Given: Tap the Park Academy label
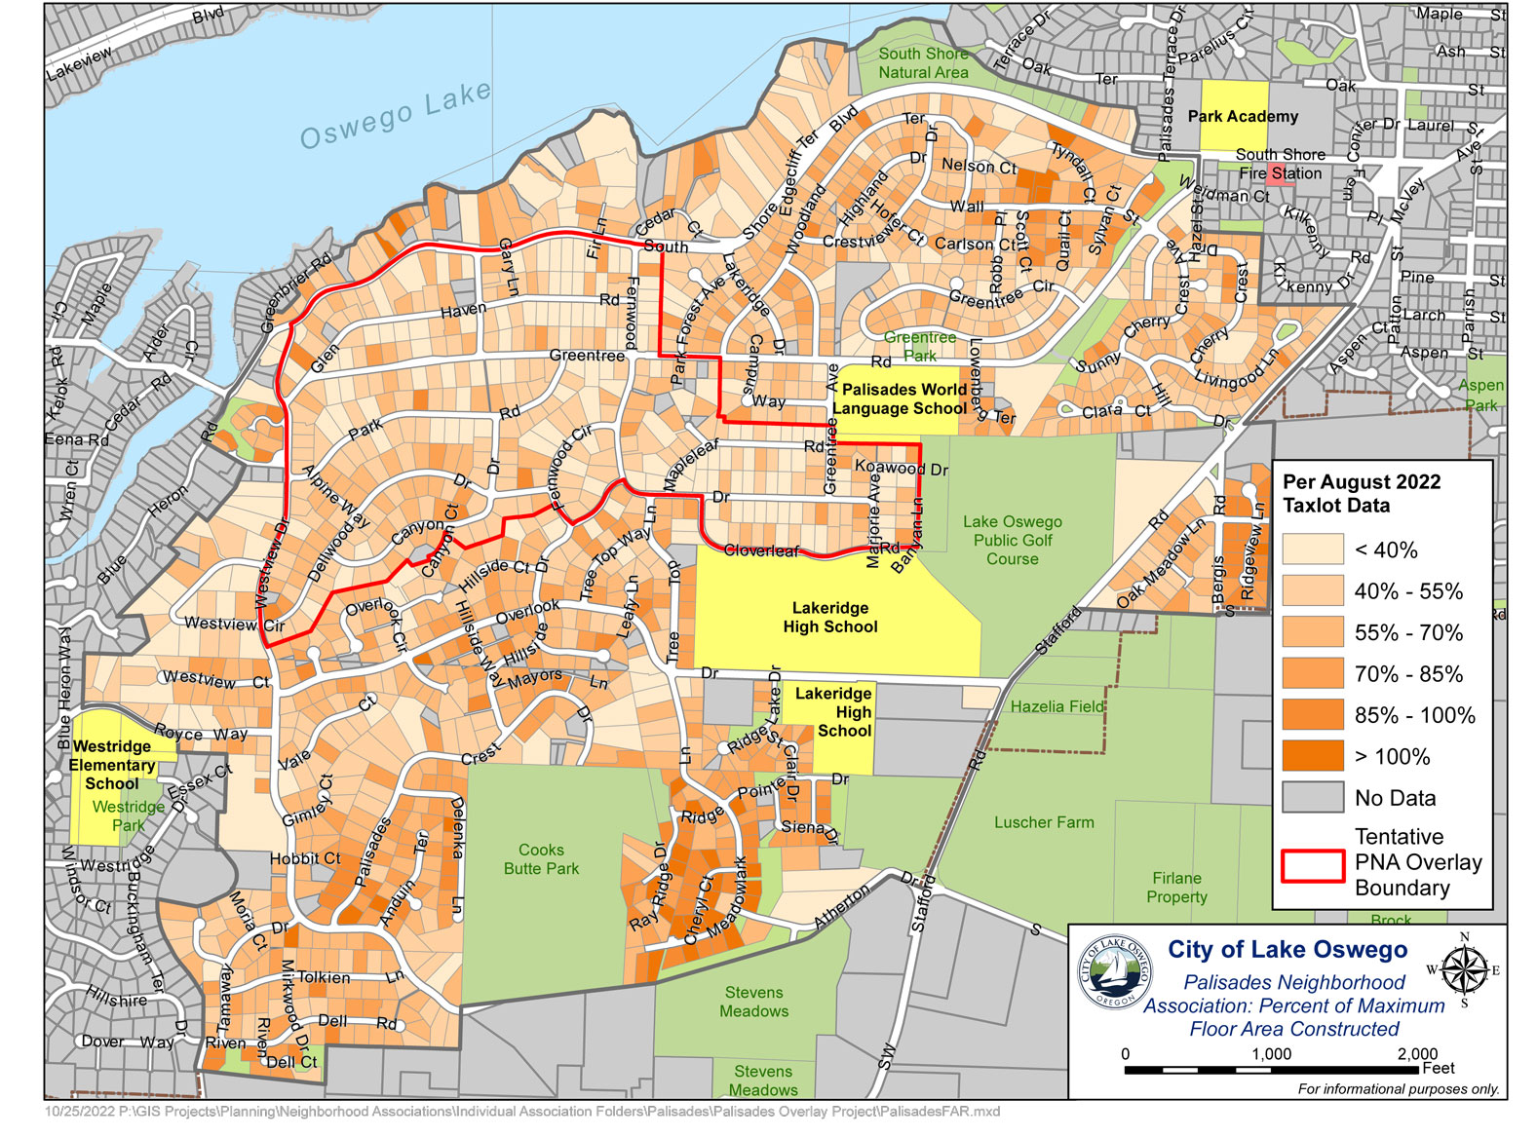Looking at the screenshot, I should (1243, 117).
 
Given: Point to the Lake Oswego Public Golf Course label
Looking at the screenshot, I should (1013, 541).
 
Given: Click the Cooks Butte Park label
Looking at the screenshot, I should (541, 859).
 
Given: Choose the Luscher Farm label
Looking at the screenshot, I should (1044, 822).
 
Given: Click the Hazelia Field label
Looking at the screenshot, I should (1057, 706).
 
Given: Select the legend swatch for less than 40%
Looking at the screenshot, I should (1313, 550).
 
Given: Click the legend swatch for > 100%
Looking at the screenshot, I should (1313, 756).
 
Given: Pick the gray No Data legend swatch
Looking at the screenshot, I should (1313, 798).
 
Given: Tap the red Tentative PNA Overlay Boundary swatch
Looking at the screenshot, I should (1313, 864).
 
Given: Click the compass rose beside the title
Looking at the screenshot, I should (1463, 968).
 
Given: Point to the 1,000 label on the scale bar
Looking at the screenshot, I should (1271, 1054).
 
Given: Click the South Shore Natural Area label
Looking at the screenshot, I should (923, 63).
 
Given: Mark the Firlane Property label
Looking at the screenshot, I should (1176, 888).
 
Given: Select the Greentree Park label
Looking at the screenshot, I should (919, 347).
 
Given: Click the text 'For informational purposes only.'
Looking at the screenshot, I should (1398, 1089).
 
